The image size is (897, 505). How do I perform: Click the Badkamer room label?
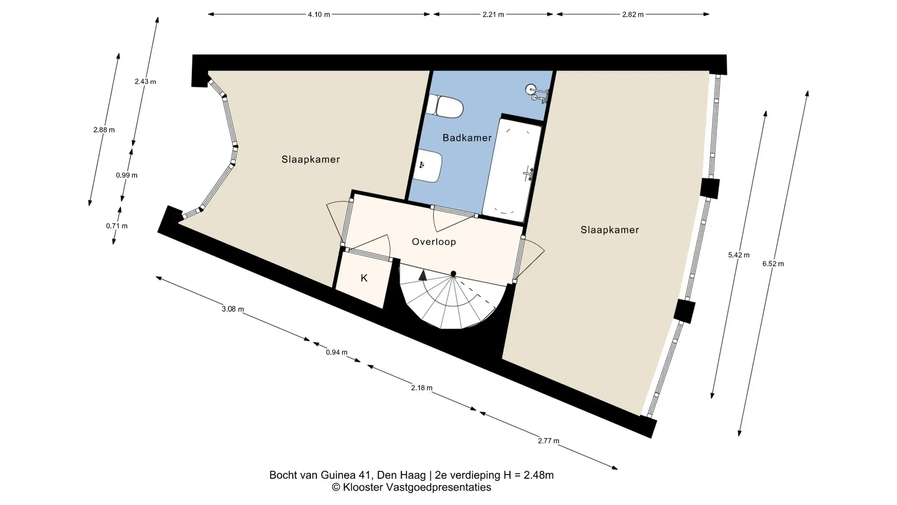467,138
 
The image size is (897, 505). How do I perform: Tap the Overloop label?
434,242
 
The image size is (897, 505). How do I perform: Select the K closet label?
364,278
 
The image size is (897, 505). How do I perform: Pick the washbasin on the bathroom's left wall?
427,166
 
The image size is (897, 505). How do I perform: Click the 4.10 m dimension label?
319,14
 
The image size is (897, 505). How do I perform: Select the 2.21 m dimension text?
493,14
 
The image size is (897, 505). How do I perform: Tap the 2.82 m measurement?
633,14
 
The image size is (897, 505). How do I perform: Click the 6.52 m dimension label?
773,264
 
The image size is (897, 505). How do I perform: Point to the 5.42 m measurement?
739,255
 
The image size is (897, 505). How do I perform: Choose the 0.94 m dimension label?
336,353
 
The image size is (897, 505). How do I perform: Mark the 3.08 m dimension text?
233,309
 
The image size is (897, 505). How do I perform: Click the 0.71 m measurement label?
117,226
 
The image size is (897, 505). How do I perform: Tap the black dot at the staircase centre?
453,274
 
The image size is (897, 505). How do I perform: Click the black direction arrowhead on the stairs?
423,275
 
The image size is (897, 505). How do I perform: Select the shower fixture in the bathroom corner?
537,93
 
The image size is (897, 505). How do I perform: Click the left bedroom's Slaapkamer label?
311,159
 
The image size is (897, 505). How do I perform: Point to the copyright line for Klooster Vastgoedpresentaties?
411,488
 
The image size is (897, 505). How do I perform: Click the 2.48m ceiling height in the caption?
539,476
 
